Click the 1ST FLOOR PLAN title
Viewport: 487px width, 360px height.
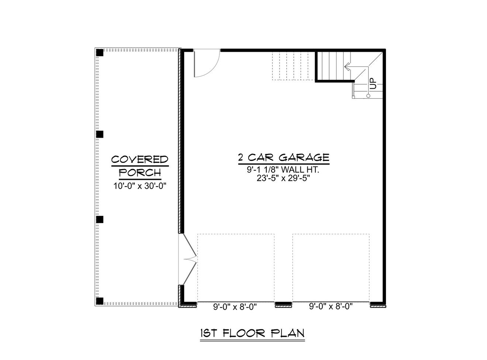pos(252,333)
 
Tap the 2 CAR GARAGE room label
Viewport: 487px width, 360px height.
pos(283,158)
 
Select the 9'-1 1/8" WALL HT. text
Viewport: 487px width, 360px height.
pos(283,170)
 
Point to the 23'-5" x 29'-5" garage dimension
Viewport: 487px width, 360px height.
pos(283,178)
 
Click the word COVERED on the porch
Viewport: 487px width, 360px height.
pos(140,160)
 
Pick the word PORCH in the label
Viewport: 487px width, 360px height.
pos(140,172)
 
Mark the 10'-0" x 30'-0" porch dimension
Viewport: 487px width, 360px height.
pos(140,186)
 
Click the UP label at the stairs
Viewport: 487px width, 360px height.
pos(373,83)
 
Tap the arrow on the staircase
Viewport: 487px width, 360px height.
pos(347,67)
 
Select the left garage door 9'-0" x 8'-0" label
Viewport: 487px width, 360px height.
pos(235,306)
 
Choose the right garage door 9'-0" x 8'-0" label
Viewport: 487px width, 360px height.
pos(331,306)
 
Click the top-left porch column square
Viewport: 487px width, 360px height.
pos(100,52)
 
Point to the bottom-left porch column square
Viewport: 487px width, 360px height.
pos(100,301)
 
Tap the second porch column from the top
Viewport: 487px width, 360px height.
pos(100,134)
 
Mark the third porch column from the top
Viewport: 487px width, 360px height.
pos(100,219)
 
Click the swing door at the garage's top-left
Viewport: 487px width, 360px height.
pos(206,64)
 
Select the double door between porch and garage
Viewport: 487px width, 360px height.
pos(188,259)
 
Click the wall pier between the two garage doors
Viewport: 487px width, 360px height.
pos(283,304)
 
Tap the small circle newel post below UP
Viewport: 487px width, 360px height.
pos(368,96)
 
